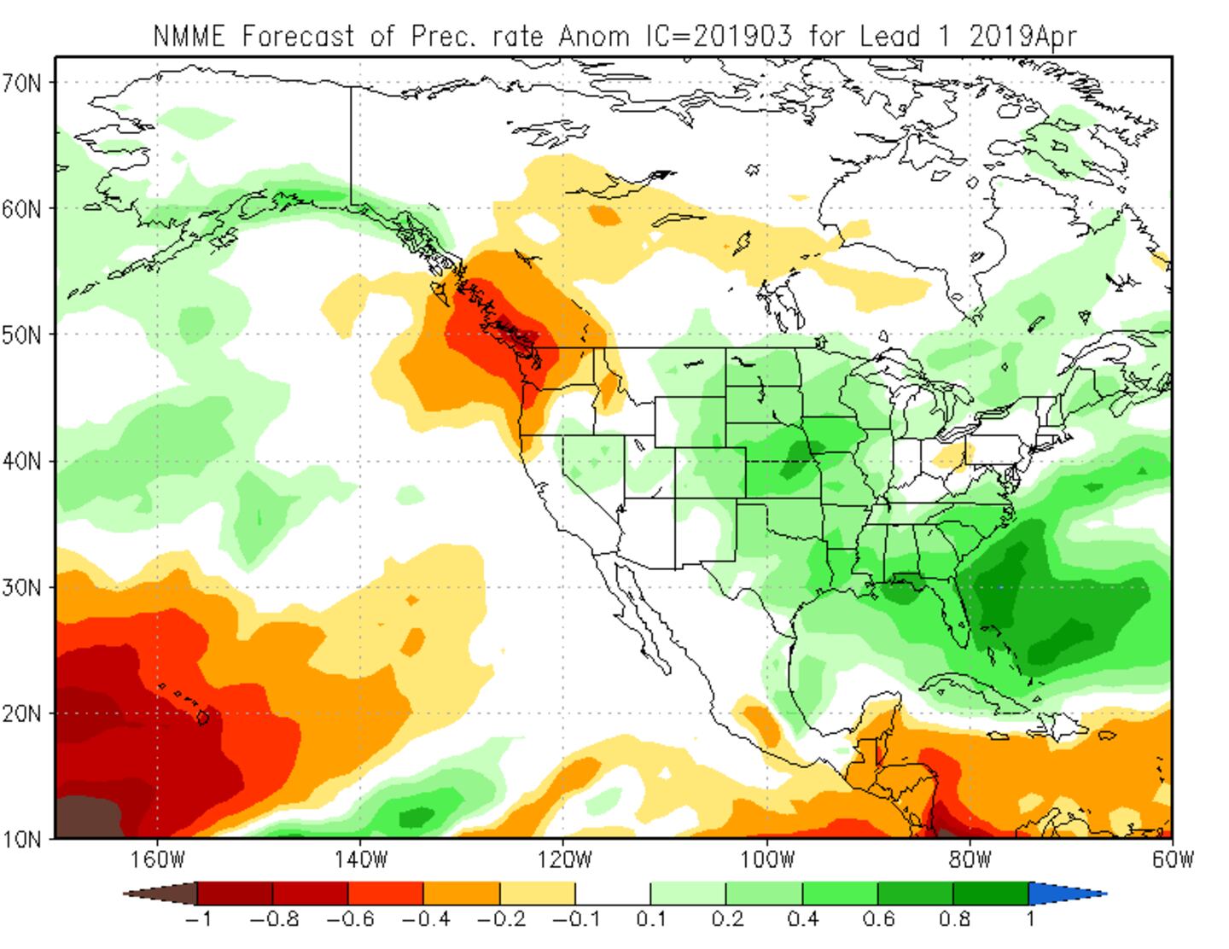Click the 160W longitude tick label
click(x=158, y=859)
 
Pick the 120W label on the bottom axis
click(x=563, y=859)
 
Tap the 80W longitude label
click(x=970, y=859)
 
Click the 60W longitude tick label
click(x=1172, y=859)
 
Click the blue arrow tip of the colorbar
click(x=1067, y=894)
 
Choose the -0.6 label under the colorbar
click(x=348, y=919)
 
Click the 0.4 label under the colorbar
click(x=802, y=919)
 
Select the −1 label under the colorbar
click(x=198, y=919)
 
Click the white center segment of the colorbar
click(x=612, y=894)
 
